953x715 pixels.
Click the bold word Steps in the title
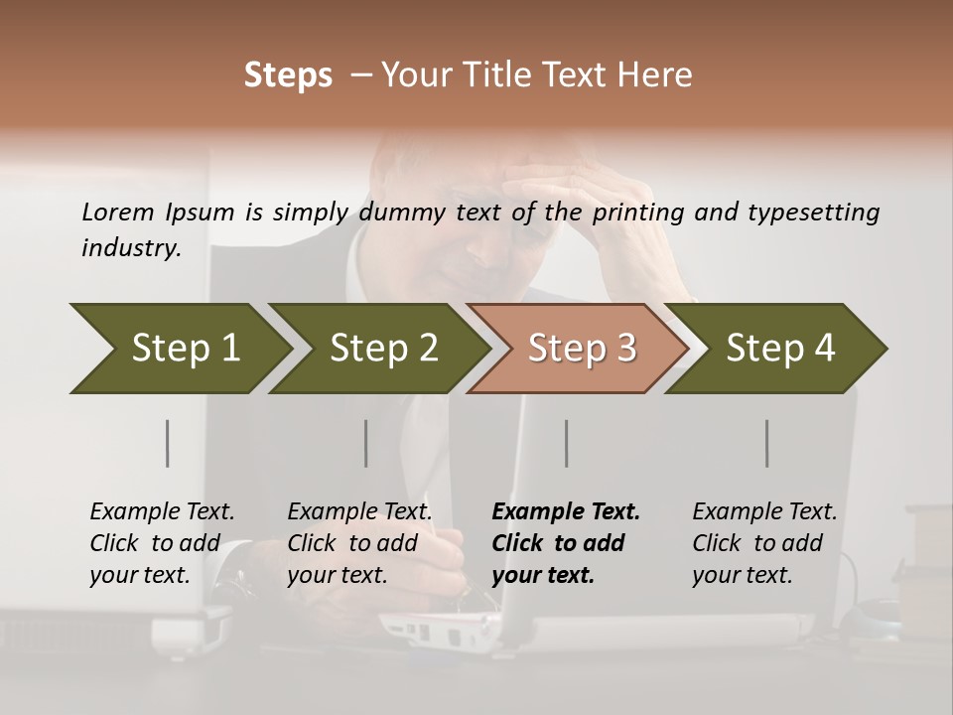[288, 75]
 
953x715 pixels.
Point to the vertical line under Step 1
[168, 443]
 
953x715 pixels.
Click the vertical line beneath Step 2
[366, 443]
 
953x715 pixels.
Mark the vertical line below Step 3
[566, 443]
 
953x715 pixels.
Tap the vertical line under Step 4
[766, 443]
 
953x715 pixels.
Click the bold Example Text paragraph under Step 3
[565, 543]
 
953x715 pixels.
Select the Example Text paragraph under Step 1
[162, 543]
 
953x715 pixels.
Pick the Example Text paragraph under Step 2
[359, 543]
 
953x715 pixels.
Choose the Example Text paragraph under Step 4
[764, 543]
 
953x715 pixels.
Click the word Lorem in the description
[118, 212]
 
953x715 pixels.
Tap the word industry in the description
[130, 248]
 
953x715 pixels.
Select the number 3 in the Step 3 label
[625, 349]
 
